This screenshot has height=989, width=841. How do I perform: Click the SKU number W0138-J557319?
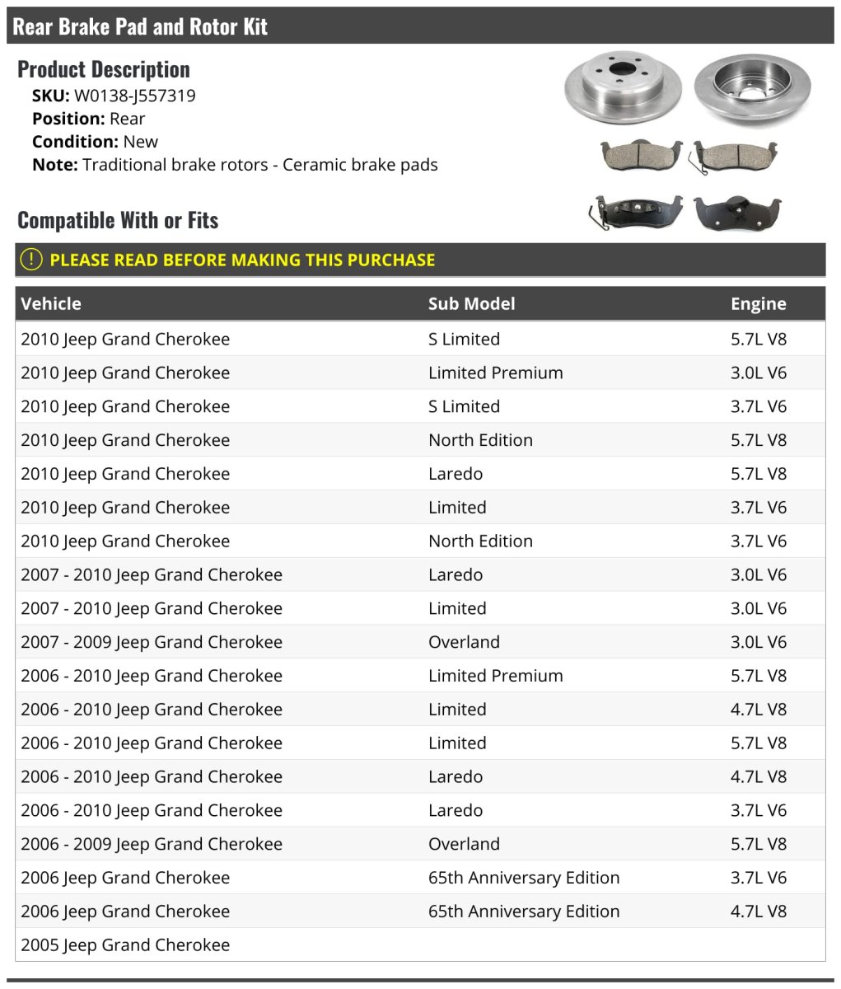pos(134,96)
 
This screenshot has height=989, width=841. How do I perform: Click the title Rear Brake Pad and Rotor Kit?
pos(140,26)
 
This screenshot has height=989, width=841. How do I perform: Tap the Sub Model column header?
pos(471,304)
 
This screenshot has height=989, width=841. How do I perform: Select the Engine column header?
pos(758,304)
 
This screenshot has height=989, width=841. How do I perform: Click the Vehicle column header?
pos(51,304)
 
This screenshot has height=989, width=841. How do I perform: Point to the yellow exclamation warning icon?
pos(30,260)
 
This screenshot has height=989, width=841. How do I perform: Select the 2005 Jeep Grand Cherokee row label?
pos(125,944)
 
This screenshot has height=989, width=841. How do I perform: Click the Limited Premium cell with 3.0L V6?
pos(495,373)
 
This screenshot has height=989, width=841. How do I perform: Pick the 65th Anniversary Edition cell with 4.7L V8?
pos(523,911)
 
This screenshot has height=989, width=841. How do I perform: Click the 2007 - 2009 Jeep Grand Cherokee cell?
pos(152,642)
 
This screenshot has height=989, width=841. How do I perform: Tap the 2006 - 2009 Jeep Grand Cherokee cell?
pos(152,844)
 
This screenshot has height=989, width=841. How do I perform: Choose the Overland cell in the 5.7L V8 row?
pos(464,844)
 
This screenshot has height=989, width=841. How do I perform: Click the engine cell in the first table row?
pos(758,339)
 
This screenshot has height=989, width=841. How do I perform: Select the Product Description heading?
pos(104,69)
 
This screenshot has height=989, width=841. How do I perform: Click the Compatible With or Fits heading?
pos(118,220)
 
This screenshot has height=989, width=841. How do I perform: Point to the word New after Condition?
pos(140,142)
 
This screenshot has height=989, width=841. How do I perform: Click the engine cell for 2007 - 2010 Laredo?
pos(758,574)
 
